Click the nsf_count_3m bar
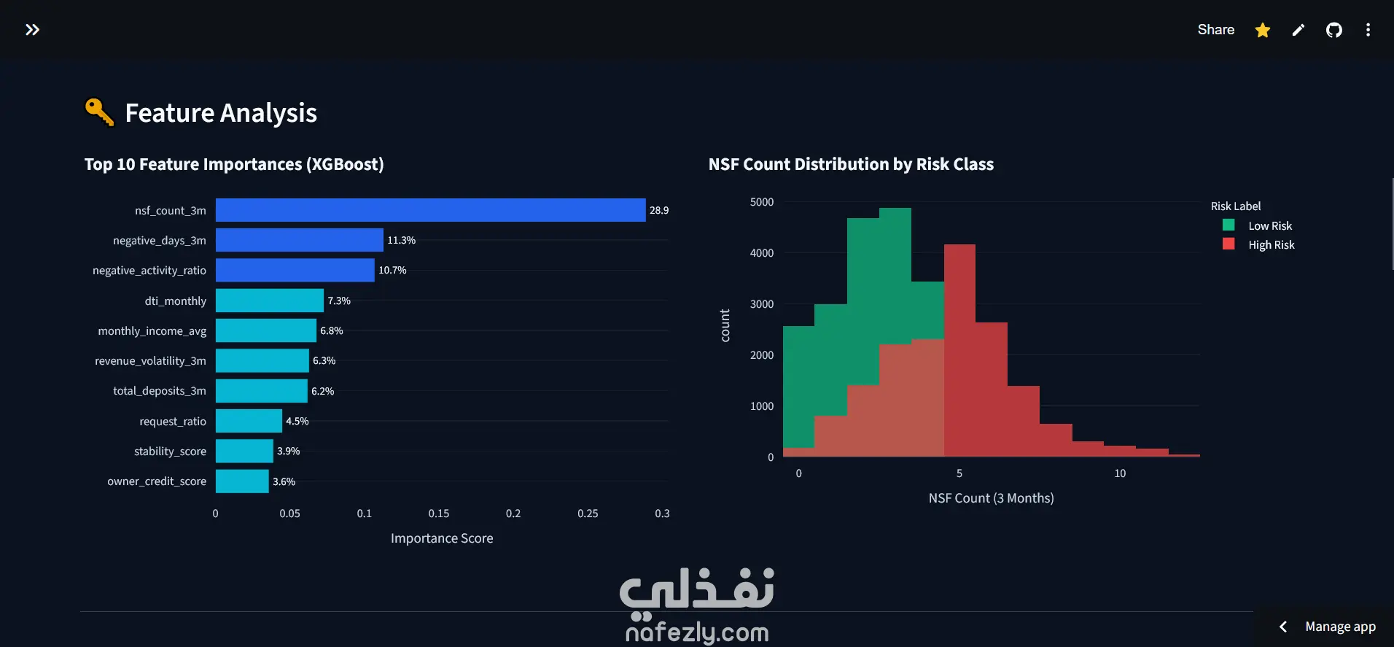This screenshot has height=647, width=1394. pos(430,210)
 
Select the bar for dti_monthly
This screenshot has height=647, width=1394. pos(270,301)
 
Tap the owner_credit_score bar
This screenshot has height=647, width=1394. pos(242,481)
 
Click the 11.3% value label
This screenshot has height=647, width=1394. pos(402,240)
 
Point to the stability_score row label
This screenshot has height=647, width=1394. pos(170,452)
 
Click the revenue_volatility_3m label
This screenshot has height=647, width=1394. pos(150,361)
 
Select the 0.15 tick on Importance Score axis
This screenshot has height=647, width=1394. pos(439,514)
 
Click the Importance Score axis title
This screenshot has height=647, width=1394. pos(442,538)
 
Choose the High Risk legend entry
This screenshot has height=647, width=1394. pos(1259,245)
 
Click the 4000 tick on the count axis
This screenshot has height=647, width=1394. pos(762,253)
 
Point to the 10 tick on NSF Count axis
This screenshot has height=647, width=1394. pos(1120,473)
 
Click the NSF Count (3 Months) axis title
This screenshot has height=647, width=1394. pos(992,498)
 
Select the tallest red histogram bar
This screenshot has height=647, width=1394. pos(959,350)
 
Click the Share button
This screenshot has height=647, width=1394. pos(1216,30)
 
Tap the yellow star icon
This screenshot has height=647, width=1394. pos(1263,30)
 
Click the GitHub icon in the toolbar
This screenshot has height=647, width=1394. pos(1334,30)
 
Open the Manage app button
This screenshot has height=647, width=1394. pos(1328,627)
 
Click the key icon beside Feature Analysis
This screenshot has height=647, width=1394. pos(99,112)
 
